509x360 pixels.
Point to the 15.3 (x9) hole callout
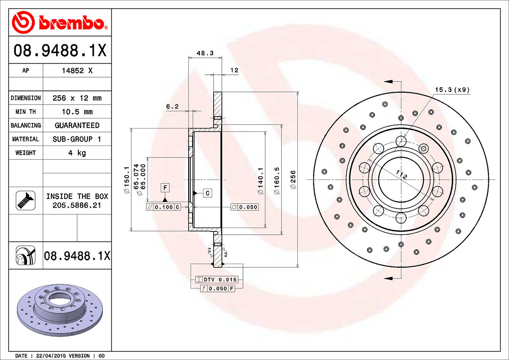(x=452, y=90)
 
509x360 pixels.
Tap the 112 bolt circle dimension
(x=402, y=175)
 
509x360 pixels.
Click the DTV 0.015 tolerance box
(x=217, y=280)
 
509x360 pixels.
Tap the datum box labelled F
(x=165, y=187)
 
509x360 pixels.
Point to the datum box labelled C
(x=208, y=193)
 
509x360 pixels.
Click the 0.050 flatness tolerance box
(x=245, y=207)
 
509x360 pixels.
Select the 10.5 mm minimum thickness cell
(x=77, y=112)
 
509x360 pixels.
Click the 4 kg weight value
(x=77, y=153)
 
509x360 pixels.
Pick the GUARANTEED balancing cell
(x=77, y=125)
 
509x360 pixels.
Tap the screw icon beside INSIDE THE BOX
(x=25, y=200)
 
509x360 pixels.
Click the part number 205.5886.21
(x=77, y=205)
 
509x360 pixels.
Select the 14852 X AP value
(x=77, y=71)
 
